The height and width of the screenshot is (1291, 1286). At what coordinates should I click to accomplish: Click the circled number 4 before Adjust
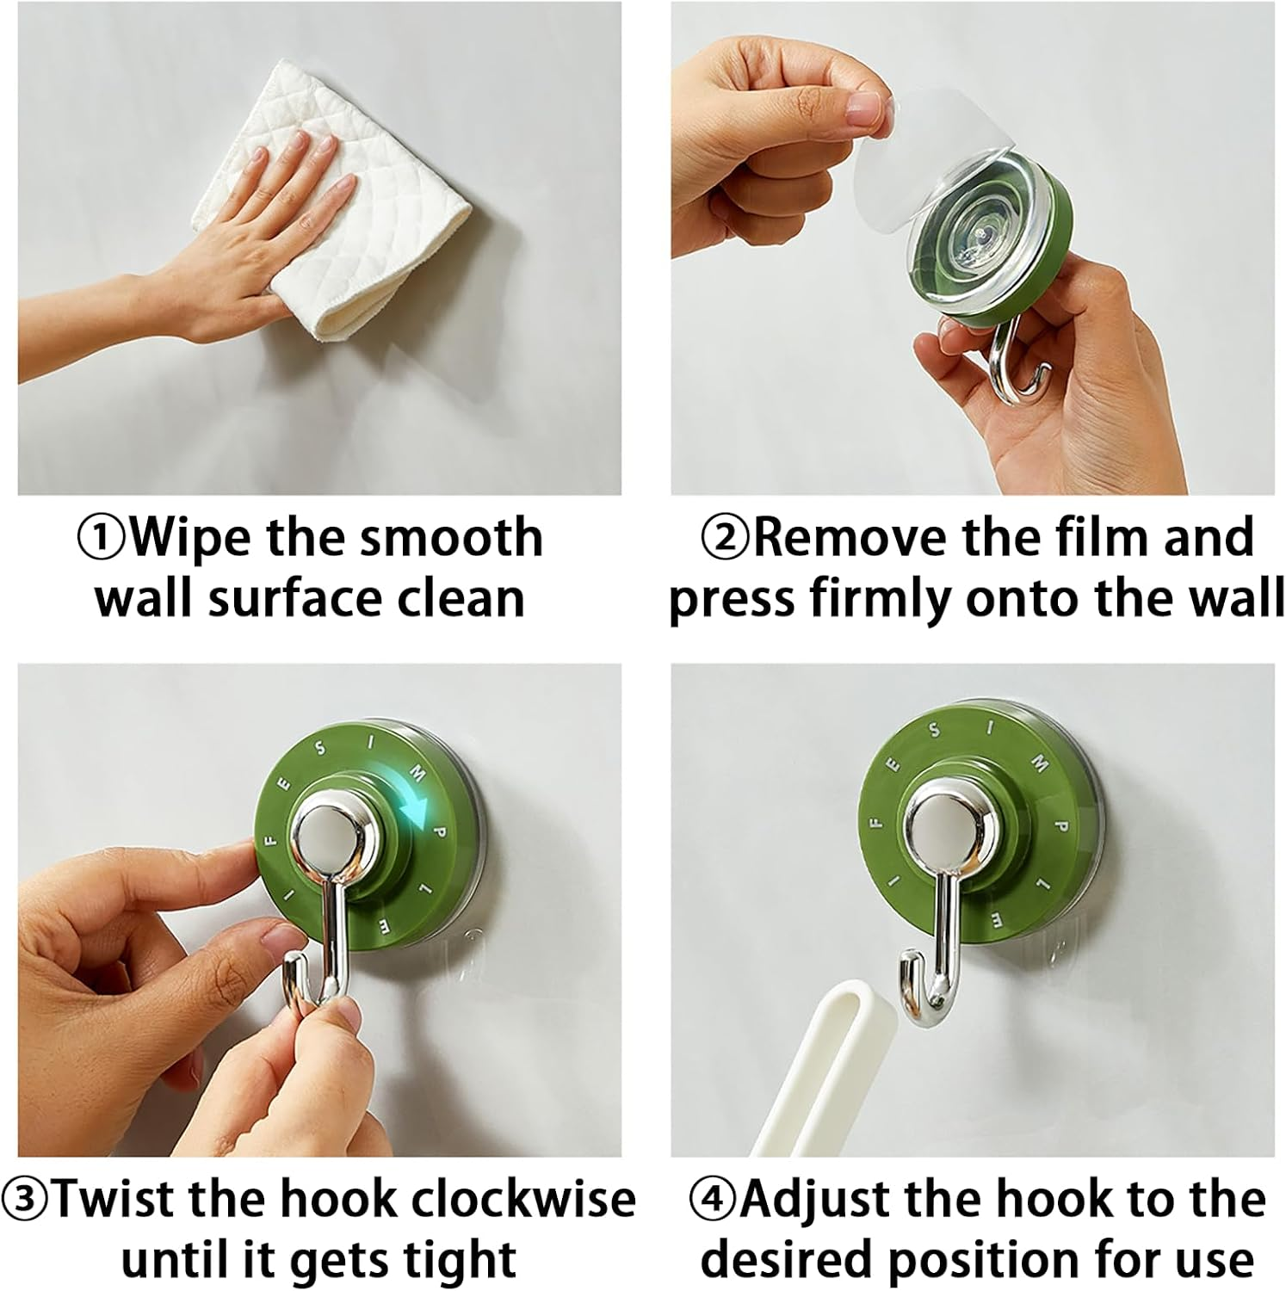[712, 1200]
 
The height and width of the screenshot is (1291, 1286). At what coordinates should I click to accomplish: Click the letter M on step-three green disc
[417, 774]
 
